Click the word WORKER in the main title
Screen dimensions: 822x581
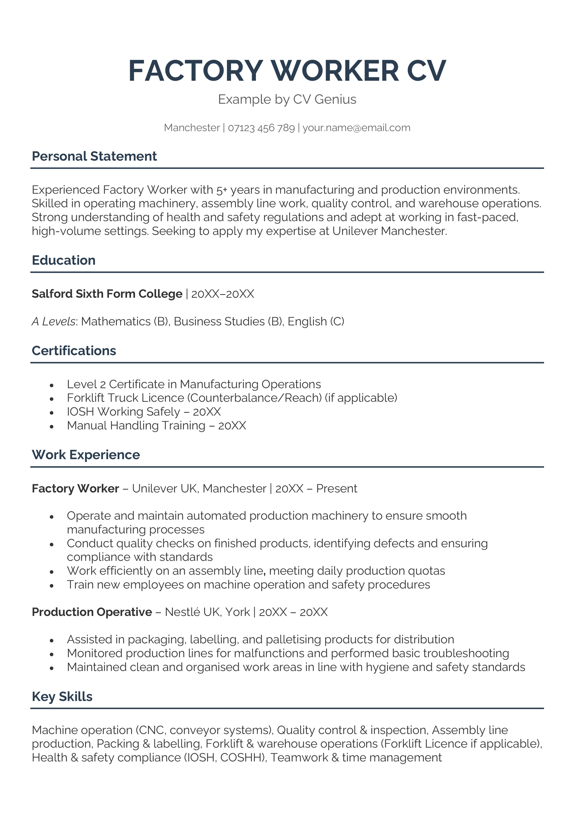click(335, 71)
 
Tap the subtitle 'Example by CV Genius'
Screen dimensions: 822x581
click(287, 99)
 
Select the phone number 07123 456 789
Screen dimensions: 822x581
click(261, 128)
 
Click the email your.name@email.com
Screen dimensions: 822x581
click(356, 128)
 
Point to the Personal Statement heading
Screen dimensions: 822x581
click(94, 156)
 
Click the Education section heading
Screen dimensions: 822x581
click(64, 260)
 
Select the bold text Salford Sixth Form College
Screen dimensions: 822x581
click(107, 293)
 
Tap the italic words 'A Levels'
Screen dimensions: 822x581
click(53, 321)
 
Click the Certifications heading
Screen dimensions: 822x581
click(74, 351)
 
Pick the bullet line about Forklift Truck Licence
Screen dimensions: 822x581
click(232, 398)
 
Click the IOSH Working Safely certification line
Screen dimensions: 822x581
click(143, 412)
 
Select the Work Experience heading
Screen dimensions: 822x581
click(86, 455)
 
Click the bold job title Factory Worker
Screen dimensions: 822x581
click(75, 489)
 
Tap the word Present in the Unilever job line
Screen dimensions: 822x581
click(337, 489)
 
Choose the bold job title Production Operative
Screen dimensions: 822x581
click(92, 612)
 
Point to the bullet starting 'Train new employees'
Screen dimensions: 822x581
click(248, 584)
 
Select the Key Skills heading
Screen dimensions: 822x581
click(62, 696)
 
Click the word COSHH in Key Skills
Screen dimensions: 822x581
click(242, 758)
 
